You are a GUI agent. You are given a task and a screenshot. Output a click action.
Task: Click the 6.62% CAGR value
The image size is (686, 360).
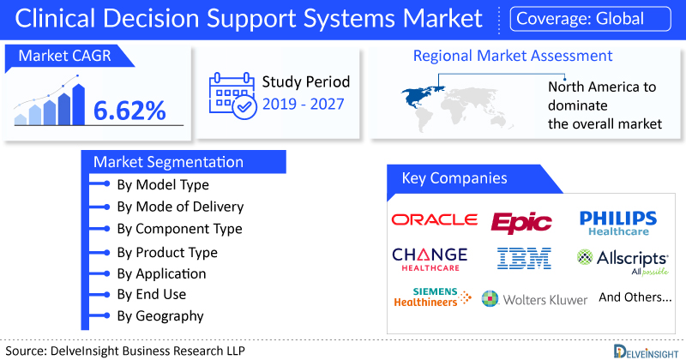(x=129, y=111)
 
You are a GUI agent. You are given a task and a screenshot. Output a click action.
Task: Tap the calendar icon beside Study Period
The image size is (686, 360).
(x=232, y=96)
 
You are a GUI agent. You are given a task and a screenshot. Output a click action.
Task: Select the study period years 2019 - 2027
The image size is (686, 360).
(x=304, y=104)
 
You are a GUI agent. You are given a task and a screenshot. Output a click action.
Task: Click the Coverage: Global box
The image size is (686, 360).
(x=590, y=19)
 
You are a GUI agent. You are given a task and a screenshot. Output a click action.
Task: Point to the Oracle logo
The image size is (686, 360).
(x=435, y=219)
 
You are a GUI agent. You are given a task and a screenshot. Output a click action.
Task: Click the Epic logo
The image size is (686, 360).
(x=521, y=222)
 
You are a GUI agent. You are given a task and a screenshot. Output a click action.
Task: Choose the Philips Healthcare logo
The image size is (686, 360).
(x=618, y=223)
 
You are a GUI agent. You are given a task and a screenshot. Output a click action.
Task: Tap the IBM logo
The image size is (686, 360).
(x=524, y=258)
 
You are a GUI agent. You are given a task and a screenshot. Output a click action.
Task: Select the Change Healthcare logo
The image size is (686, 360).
(x=430, y=259)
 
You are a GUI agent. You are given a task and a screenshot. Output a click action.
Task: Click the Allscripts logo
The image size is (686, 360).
(x=623, y=261)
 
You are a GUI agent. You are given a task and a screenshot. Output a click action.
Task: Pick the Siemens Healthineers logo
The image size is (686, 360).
(x=432, y=297)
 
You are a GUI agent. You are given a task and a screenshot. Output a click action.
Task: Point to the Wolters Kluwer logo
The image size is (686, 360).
(x=534, y=299)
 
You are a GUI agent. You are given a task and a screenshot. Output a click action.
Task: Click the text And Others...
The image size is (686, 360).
(x=635, y=297)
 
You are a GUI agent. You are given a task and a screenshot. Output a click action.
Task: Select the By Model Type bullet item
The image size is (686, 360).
(x=163, y=185)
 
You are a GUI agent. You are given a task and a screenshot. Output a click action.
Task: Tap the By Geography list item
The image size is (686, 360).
(x=160, y=316)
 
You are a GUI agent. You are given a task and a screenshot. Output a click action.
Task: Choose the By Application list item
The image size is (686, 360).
(x=161, y=273)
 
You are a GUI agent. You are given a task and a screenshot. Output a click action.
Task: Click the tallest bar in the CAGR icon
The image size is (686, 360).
(x=78, y=105)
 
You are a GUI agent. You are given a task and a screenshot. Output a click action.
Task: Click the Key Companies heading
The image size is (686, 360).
(x=454, y=178)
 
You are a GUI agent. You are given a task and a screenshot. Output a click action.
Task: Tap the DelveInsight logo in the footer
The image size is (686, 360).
(x=646, y=351)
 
